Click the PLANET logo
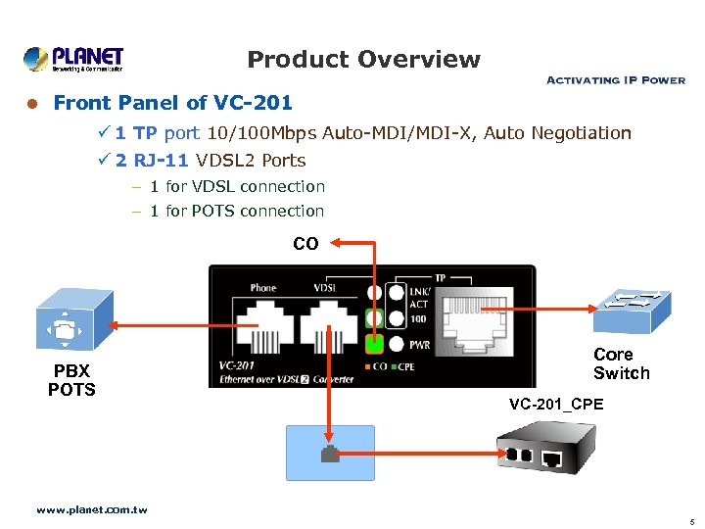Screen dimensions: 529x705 point(73,60)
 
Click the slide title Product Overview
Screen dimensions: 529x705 point(363,60)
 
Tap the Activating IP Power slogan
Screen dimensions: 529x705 point(615,80)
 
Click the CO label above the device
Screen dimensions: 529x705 point(305,244)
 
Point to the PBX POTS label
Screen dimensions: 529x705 point(71,380)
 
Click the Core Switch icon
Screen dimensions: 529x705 point(631,310)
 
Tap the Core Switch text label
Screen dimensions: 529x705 point(621,363)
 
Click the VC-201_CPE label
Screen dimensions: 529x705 point(556,405)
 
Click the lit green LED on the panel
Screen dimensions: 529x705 point(373,344)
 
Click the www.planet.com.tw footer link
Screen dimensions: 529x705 point(92,510)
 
